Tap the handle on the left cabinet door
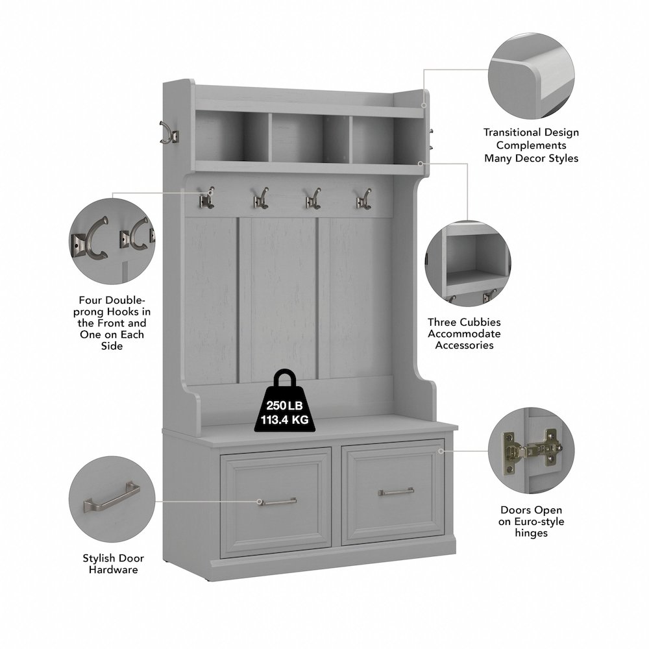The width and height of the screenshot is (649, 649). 277,502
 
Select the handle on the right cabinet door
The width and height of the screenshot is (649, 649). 396,492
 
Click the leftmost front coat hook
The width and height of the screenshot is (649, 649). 206,198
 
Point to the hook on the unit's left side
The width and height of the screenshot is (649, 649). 169,133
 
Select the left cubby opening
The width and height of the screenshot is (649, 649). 232,136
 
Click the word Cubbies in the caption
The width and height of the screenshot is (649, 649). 481,322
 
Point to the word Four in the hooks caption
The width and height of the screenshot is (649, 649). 90,300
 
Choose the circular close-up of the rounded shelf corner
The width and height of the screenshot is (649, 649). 532,76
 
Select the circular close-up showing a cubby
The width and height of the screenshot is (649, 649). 468,263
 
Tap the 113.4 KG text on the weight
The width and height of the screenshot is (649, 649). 285,420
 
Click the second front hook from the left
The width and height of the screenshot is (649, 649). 261,199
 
